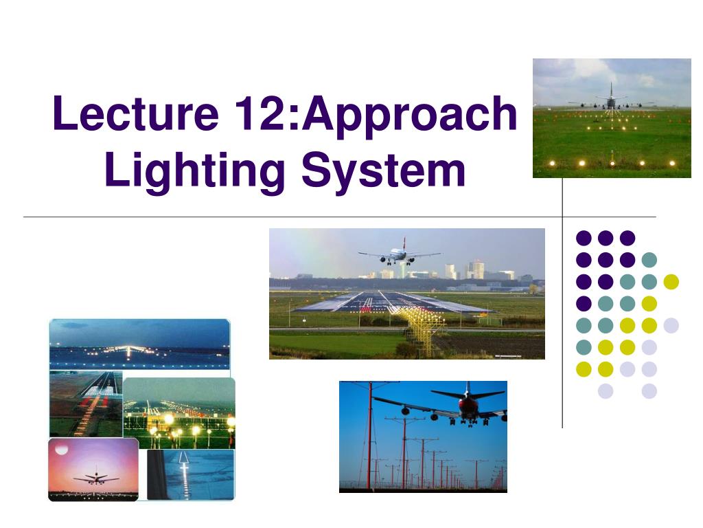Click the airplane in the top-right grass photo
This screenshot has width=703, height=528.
click(610, 100)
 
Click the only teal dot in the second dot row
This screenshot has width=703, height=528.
click(649, 260)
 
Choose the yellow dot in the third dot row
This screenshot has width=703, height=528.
click(671, 281)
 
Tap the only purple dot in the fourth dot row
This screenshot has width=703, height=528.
click(584, 303)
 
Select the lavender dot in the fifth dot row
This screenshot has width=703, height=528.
click(671, 325)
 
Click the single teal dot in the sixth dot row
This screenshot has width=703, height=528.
click(584, 347)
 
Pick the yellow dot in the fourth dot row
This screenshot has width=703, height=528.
click(649, 303)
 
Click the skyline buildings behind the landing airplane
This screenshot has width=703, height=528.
click(474, 269)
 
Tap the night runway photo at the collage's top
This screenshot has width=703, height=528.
click(139, 344)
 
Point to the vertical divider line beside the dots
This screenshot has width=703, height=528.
click(562, 309)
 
